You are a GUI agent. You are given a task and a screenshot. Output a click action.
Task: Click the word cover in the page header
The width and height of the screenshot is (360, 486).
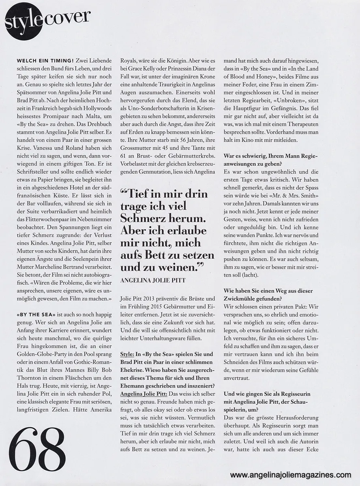coord(66,17)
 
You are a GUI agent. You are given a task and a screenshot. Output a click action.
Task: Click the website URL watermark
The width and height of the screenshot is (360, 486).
coord(291,475)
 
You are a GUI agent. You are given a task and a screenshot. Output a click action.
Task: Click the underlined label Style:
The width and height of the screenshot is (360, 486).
coord(129,354)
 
